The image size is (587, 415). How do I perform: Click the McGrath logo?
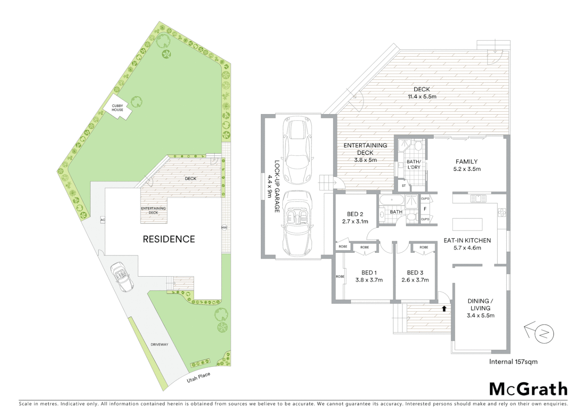coord(528,389)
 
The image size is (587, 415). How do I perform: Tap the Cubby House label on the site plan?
coord(118,108)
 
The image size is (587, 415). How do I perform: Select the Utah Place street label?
coord(198,377)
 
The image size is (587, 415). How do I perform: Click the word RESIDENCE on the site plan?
coord(169,239)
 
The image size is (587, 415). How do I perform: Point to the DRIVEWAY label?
coord(159,345)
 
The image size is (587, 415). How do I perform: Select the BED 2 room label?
coord(355,214)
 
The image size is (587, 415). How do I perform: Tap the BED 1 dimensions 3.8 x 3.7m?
coord(369,280)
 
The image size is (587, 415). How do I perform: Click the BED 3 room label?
coord(415,273)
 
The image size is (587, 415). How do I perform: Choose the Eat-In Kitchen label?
coord(467,241)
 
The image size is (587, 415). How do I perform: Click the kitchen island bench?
coord(468,224)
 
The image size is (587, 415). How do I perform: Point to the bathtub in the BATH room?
coord(391,201)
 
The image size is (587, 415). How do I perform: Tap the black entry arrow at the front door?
coord(444,308)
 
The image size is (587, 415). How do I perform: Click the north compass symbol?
coord(543,333)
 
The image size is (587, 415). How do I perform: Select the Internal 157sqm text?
coord(513,362)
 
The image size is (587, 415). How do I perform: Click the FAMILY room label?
coord(466,162)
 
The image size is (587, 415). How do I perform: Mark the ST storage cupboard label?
coord(404,186)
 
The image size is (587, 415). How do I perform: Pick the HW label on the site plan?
coord(224,227)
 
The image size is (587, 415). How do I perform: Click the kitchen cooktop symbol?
coord(502,212)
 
